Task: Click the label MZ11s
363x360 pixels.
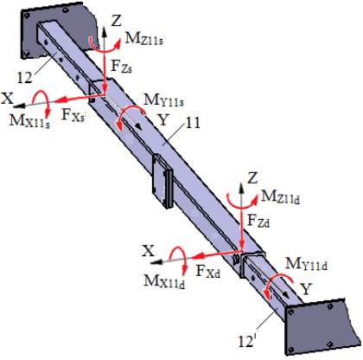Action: [143, 39]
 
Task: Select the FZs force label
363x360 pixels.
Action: [121, 67]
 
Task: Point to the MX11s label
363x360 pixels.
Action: [29, 121]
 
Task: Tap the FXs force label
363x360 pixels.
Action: [73, 115]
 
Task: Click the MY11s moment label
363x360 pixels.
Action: [163, 100]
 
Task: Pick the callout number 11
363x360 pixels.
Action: [193, 123]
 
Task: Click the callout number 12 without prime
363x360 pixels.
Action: [24, 78]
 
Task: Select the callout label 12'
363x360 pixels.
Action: [247, 342]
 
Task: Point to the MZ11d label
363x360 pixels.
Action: [280, 197]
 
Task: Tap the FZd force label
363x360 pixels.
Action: [258, 222]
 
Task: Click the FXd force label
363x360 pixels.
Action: [208, 272]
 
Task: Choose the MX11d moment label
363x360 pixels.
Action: [164, 281]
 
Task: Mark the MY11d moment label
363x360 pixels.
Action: [306, 264]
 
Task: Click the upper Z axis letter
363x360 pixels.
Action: [116, 21]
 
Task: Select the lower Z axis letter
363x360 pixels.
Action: [252, 178]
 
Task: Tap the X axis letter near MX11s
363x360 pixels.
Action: [8, 99]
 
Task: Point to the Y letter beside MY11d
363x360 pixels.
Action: [306, 289]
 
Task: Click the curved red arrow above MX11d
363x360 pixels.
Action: [178, 261]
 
